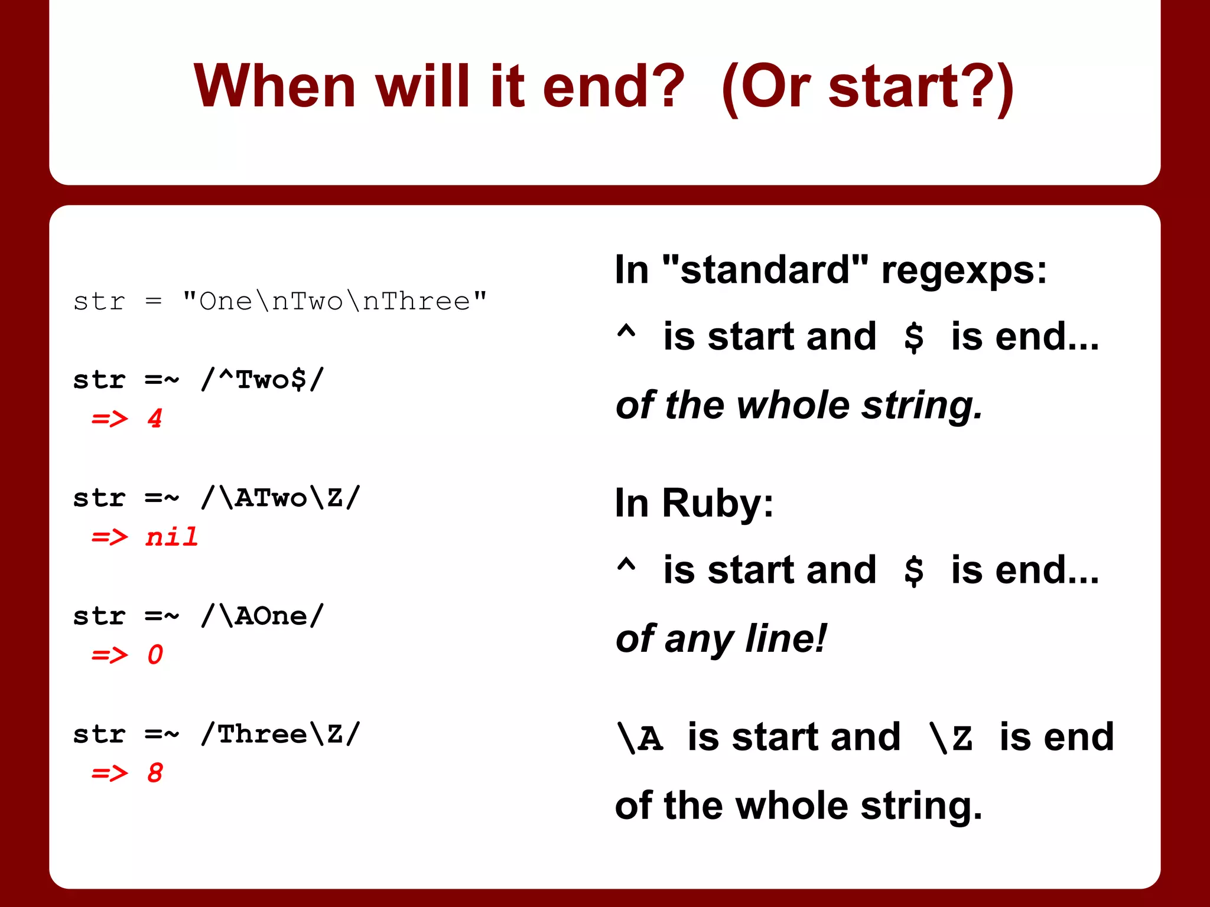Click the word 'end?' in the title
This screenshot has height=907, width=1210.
pos(613,87)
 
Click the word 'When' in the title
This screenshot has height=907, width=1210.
pos(274,87)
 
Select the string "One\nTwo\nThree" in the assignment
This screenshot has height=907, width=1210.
pos(334,302)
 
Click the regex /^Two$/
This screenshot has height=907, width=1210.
pos(262,380)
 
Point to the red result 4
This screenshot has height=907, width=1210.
pos(155,419)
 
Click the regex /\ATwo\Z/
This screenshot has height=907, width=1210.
pos(280,498)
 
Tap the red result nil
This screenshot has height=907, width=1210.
pos(171,537)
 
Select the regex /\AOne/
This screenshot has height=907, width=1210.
pos(262,616)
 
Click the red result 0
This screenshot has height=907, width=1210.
pos(155,655)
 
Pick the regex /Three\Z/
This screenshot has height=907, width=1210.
pos(280,734)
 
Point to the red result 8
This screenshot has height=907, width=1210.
pos(155,773)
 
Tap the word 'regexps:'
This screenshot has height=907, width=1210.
pos(964,271)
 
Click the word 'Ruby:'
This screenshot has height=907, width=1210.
pos(717,503)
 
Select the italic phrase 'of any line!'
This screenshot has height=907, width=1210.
pos(720,639)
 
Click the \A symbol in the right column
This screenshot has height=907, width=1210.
pos(640,739)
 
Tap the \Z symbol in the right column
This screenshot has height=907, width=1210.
pos(951,739)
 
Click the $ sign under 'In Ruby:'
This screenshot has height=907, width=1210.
pos(913,571)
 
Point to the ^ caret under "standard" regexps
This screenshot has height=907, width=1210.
pos(626,334)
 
